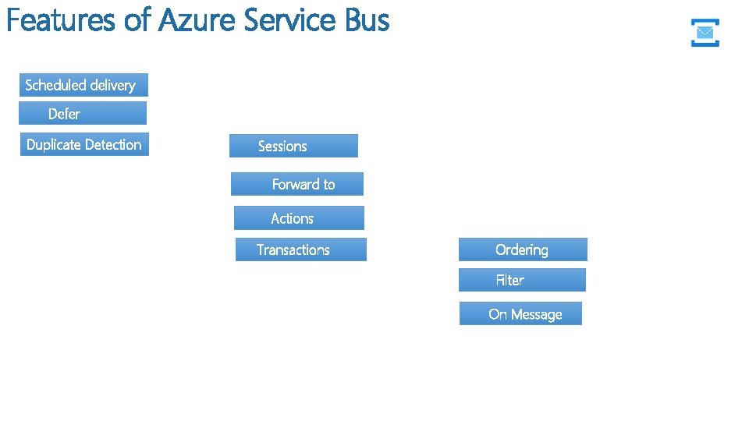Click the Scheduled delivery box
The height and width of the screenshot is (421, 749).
[83, 85]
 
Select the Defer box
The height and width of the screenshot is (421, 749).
[83, 114]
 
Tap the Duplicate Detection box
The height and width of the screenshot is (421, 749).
[84, 144]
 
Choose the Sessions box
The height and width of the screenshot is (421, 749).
[293, 146]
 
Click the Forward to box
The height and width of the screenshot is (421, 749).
[297, 184]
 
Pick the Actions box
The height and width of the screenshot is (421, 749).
[299, 218]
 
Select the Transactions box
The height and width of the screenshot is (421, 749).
[300, 249]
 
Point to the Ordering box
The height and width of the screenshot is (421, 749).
[523, 249]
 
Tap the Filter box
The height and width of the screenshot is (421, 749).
[522, 280]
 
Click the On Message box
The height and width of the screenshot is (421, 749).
[520, 314]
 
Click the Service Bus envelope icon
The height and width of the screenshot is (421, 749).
[705, 33]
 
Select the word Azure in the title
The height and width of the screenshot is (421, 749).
[197, 20]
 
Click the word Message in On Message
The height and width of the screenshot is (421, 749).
[537, 315]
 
